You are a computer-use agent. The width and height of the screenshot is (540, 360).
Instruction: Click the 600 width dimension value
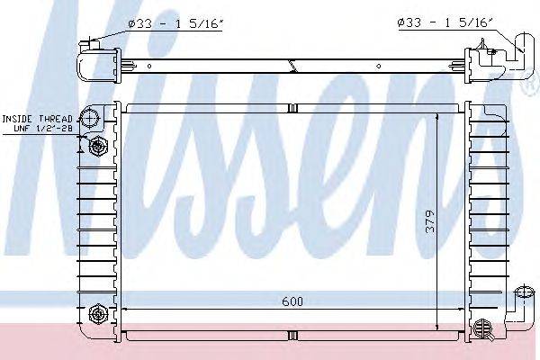(292, 301)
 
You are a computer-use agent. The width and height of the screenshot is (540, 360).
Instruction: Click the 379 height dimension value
(431, 221)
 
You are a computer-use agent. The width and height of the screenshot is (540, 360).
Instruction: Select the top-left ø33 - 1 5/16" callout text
(175, 23)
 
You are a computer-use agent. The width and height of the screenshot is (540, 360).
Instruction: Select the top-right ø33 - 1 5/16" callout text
(445, 22)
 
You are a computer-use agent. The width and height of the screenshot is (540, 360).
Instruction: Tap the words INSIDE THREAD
(37, 119)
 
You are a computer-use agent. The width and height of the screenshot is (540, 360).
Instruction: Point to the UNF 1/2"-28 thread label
(43, 129)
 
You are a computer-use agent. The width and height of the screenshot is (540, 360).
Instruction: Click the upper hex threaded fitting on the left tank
(98, 147)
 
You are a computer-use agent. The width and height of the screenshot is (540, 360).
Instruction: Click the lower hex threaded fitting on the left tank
(98, 314)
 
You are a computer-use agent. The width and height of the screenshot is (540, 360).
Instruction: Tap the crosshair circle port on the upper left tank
(89, 118)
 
